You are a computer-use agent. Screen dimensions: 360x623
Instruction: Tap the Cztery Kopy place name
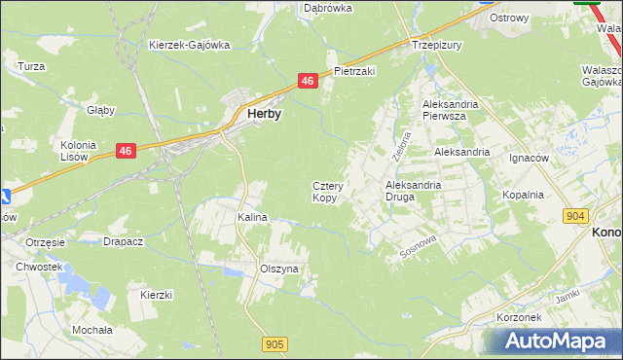point(324,192)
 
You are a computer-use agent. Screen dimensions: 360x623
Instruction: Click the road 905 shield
point(275,343)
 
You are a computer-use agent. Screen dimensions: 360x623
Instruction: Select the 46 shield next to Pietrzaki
point(308,82)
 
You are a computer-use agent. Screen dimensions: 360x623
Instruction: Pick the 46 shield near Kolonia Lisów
point(126,151)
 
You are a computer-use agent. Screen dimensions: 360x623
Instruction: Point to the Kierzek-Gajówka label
point(189,45)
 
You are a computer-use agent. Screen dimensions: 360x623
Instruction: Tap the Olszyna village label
point(279,268)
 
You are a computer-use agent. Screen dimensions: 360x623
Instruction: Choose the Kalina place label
point(252,218)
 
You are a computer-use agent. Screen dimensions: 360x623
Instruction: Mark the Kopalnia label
point(523,195)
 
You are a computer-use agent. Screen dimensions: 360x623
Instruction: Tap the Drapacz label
point(124,241)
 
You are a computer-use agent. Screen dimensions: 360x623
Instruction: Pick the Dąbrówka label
point(327,8)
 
